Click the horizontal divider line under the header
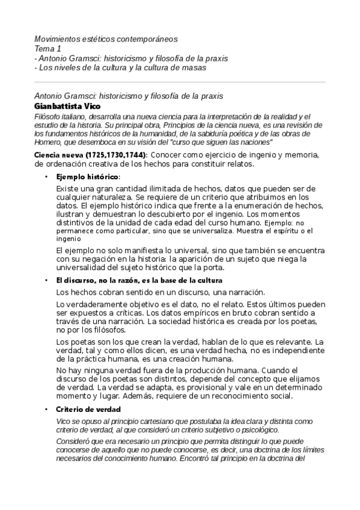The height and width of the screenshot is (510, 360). pos(180,82)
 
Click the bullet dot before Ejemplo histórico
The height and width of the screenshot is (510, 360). pos(47,177)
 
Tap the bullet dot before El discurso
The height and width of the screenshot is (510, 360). pos(47,280)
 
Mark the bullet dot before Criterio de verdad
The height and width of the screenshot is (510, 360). pos(47,409)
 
